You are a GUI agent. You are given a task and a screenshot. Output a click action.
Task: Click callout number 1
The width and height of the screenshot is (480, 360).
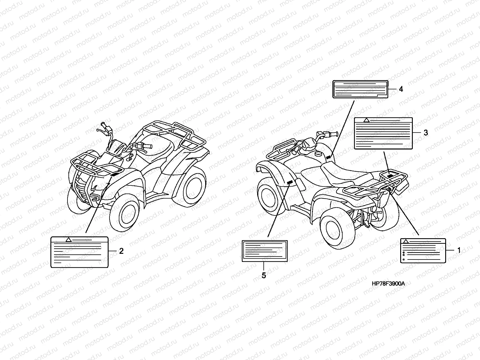[x=458, y=250]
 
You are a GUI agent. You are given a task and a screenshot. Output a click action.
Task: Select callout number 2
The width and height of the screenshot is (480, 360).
[x=121, y=251]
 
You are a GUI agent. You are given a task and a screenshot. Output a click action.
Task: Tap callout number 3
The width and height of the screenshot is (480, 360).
[x=426, y=133]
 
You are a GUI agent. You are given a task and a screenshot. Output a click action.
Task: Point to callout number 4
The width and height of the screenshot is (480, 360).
[x=401, y=89]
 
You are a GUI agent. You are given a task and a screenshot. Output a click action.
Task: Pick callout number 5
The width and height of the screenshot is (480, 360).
[x=264, y=275]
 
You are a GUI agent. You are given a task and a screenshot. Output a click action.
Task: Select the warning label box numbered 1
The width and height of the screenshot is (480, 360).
[x=423, y=250]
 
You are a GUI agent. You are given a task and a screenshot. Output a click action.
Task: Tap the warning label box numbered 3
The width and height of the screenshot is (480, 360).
[x=383, y=133]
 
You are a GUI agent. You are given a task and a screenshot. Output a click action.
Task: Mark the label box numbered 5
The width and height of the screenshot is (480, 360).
[x=265, y=251]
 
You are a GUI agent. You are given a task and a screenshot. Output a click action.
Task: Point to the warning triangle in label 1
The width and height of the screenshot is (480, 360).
[x=406, y=241]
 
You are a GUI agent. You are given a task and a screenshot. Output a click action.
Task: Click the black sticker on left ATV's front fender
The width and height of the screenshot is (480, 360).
[x=115, y=174]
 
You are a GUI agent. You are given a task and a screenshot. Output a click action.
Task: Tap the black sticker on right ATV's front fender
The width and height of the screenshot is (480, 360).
[x=290, y=183]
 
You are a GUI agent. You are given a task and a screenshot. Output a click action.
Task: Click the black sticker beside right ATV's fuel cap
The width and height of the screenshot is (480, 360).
[x=328, y=157]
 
